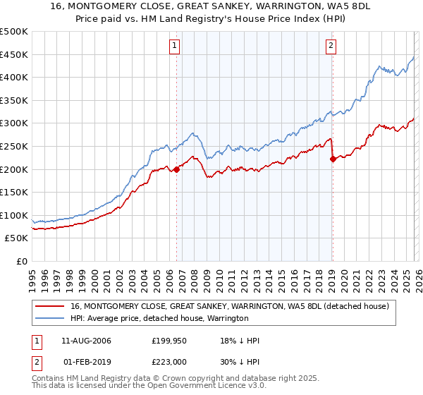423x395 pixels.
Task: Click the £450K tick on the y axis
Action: point(14,54)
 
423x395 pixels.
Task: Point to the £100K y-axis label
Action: point(14,215)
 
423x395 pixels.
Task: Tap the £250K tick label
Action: point(14,146)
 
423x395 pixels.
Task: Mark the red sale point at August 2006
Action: point(176,169)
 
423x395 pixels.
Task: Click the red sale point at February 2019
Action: point(332,159)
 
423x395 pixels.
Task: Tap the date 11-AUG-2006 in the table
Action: point(86,341)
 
